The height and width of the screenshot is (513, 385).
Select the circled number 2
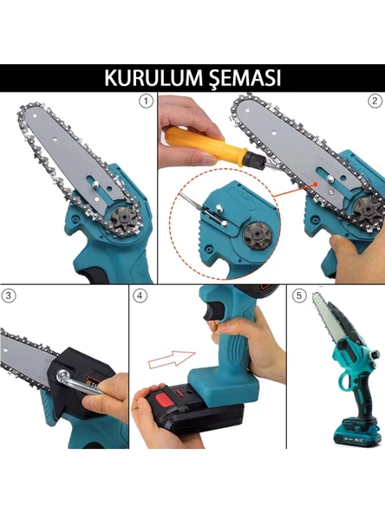tap(375, 101)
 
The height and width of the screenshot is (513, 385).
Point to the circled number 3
tap(10, 295)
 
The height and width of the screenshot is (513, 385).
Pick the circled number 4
tap(140, 295)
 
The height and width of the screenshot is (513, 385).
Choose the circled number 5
tap(299, 295)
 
